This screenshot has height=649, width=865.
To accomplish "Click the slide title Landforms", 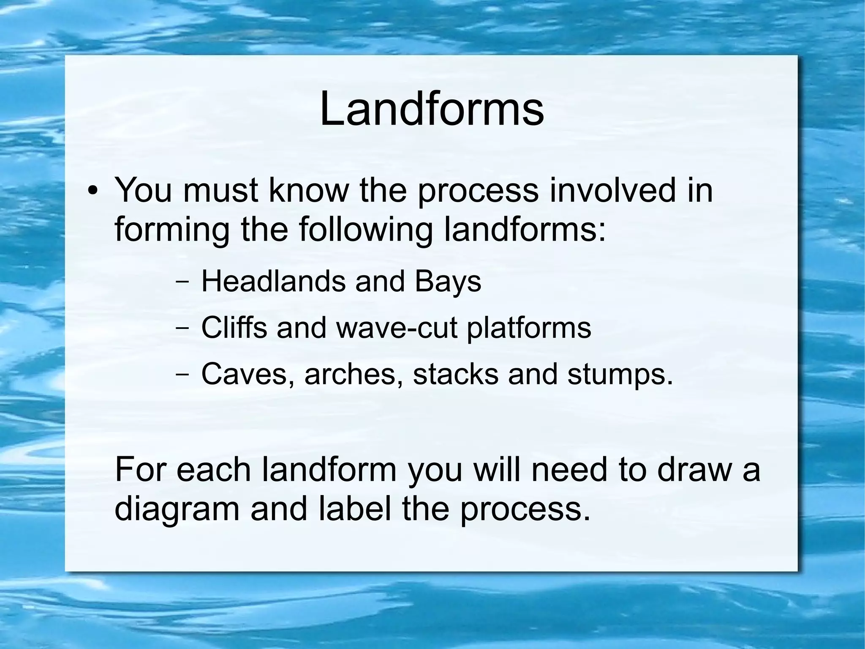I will [432, 110].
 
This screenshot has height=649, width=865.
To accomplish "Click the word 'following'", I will [366, 230].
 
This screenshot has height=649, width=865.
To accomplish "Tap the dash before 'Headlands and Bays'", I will [182, 282].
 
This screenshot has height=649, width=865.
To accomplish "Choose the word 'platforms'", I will [528, 328].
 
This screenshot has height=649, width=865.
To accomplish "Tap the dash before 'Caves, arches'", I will [182, 375].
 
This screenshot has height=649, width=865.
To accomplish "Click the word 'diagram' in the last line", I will [177, 509].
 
